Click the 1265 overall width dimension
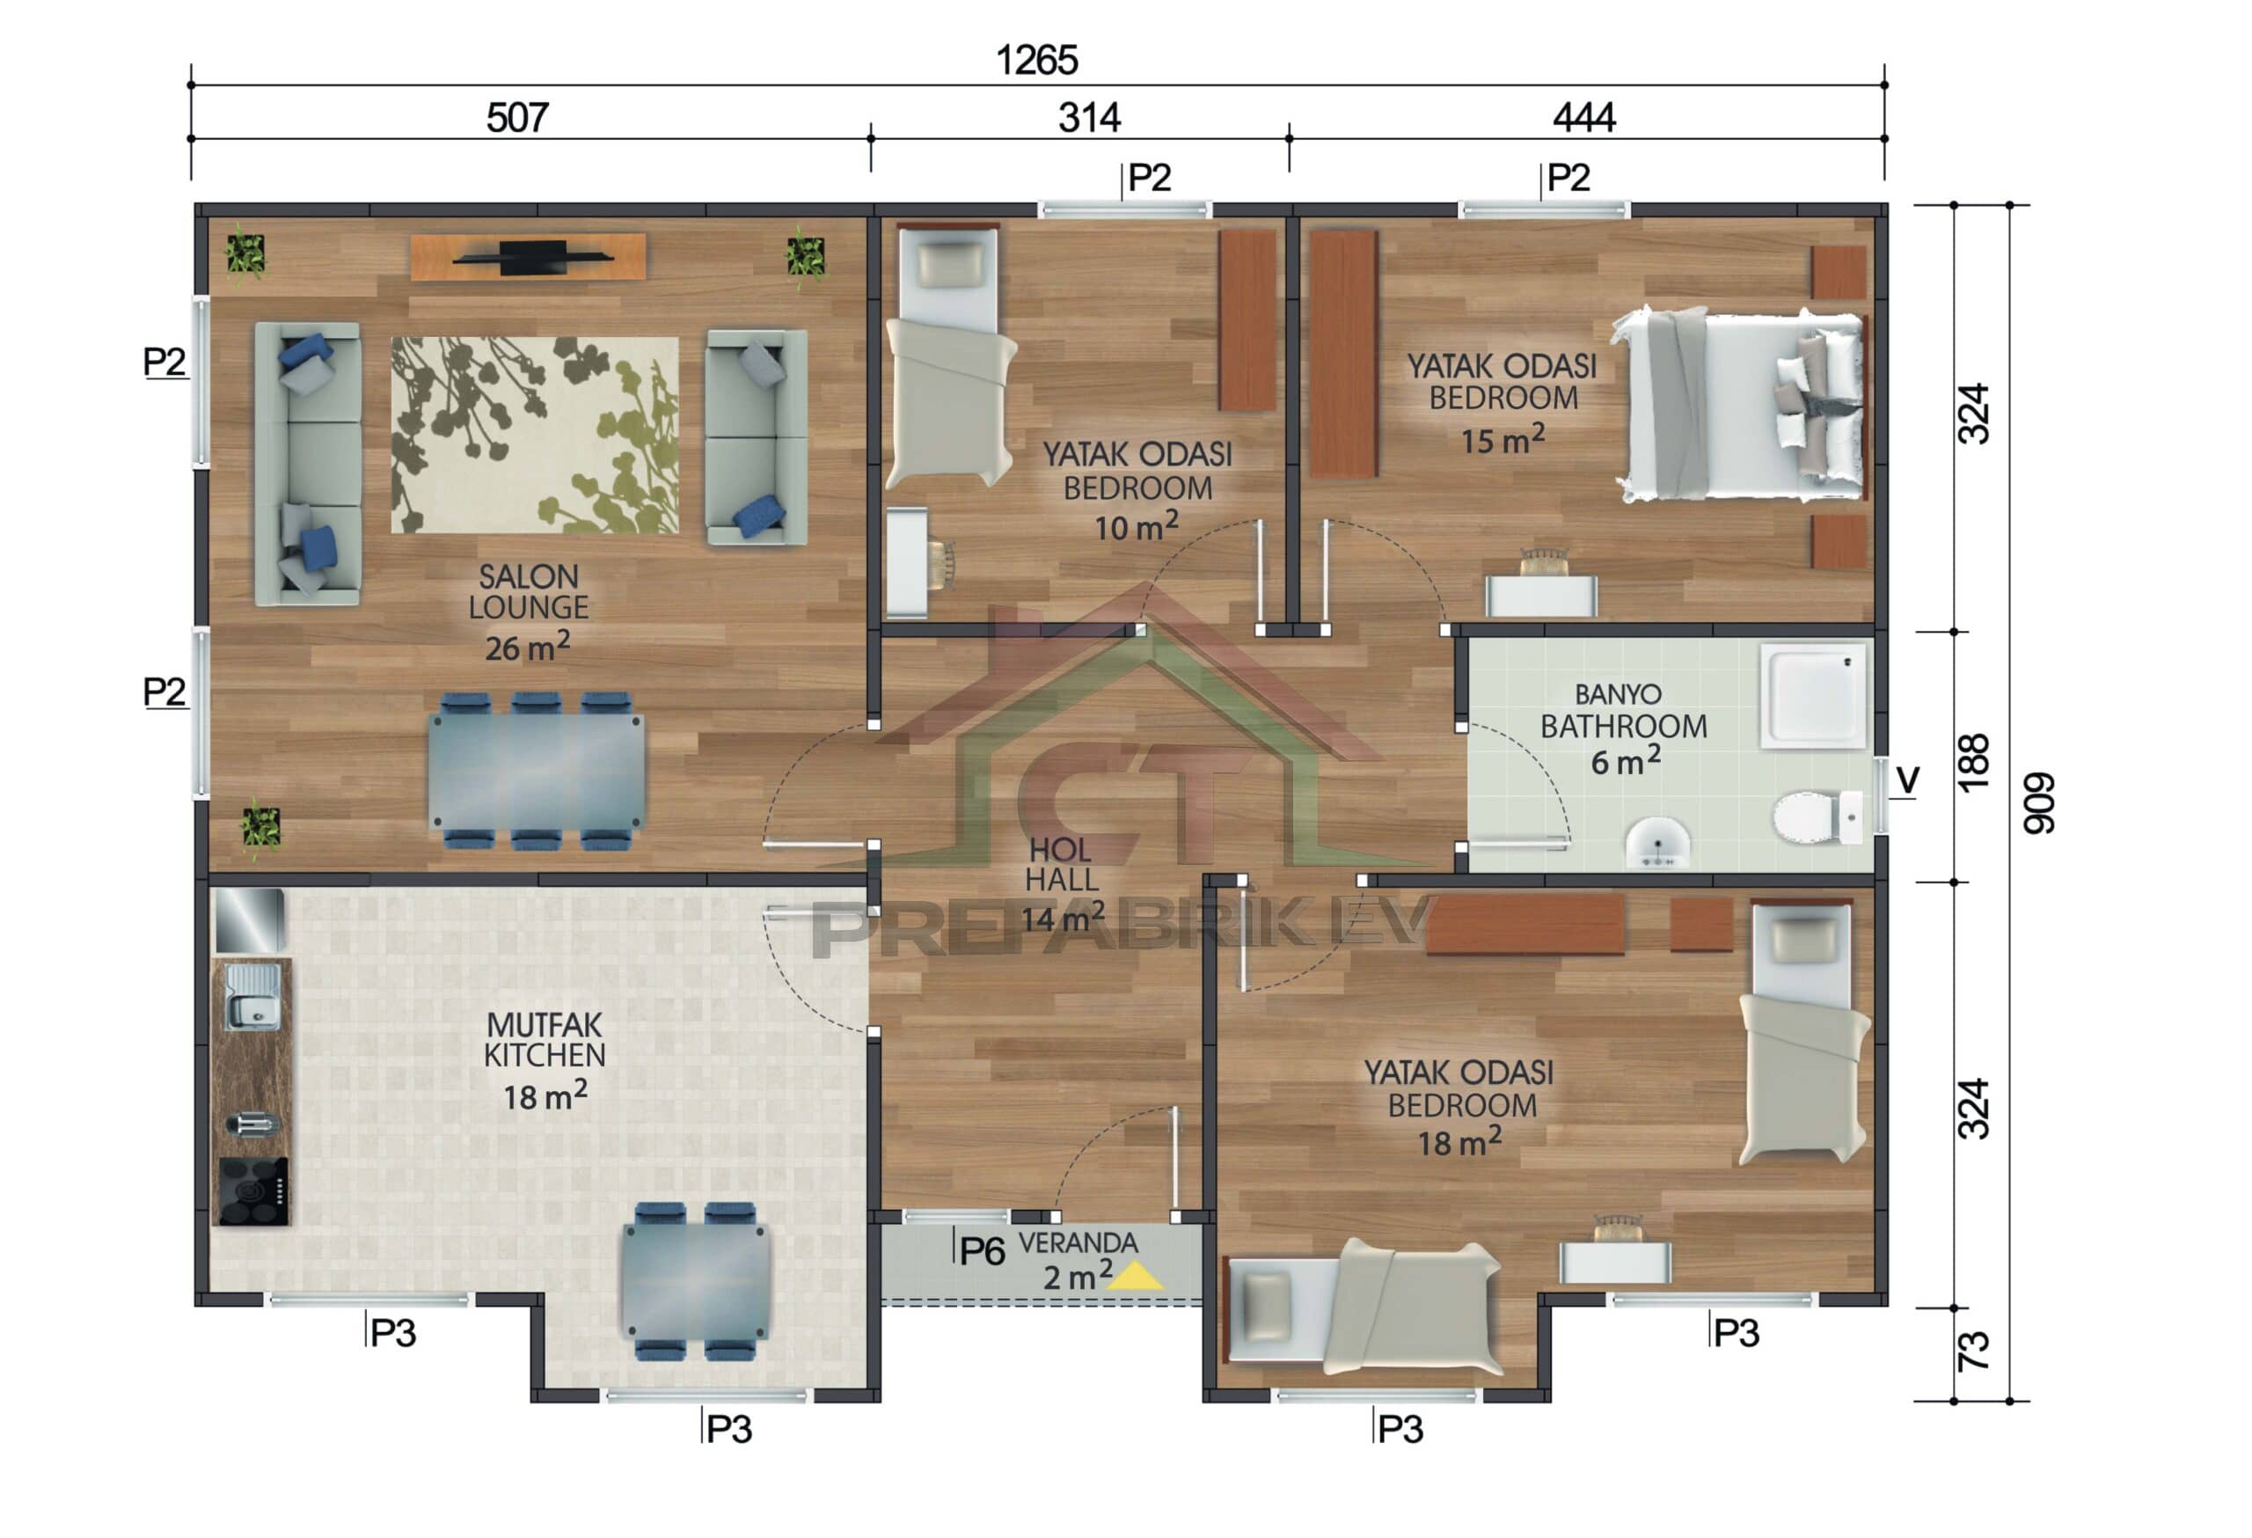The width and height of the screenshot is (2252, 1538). pyautogui.click(x=1037, y=60)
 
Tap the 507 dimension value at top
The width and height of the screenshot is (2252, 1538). pyautogui.click(x=517, y=118)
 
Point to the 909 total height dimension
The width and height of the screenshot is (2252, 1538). pyautogui.click(x=2039, y=802)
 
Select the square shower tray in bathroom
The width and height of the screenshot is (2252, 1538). pyautogui.click(x=1813, y=696)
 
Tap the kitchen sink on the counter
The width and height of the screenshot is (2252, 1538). pyautogui.click(x=254, y=997)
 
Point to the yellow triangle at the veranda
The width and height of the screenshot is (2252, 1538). pyautogui.click(x=1136, y=1277)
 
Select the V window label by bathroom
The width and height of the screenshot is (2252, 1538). pyautogui.click(x=1906, y=780)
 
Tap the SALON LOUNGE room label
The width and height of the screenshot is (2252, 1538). pyautogui.click(x=528, y=592)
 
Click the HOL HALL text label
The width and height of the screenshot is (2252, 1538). pyautogui.click(x=1061, y=864)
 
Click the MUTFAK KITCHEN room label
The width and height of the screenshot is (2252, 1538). pyautogui.click(x=545, y=1040)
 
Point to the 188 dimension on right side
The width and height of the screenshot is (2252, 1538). pyautogui.click(x=1974, y=762)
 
